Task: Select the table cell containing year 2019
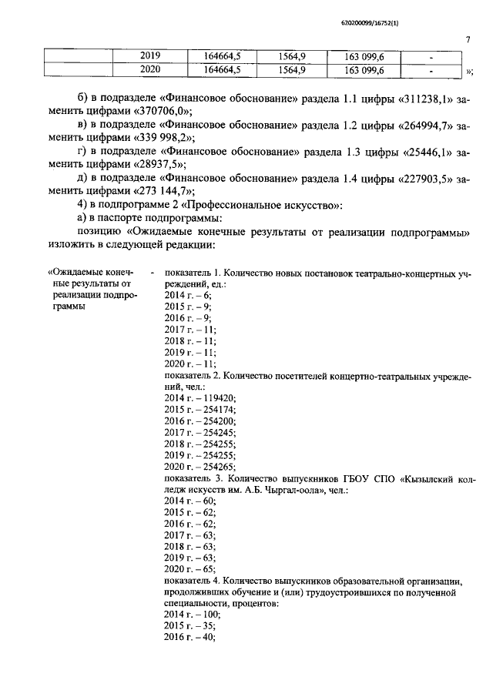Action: pyautogui.click(x=150, y=56)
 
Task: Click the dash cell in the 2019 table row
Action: pyautogui.click(x=431, y=57)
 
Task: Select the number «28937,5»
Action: pyautogui.click(x=158, y=164)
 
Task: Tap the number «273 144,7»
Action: pyautogui.click(x=163, y=191)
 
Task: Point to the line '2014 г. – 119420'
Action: pyautogui.click(x=200, y=397)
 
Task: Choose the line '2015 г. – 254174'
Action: pyautogui.click(x=200, y=409)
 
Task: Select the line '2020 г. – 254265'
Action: pyautogui.click(x=200, y=467)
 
